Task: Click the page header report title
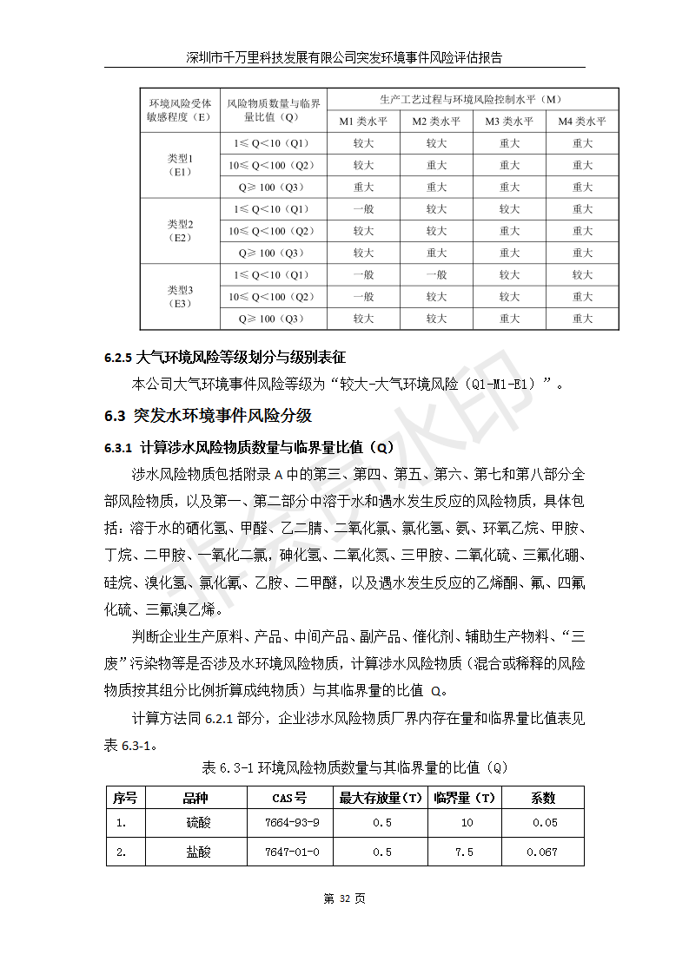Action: click(344, 57)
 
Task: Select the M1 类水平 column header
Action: click(363, 122)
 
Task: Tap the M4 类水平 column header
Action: click(581, 122)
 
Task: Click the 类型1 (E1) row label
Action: click(180, 165)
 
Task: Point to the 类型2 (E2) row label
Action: click(180, 231)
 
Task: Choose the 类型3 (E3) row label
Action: click(180, 296)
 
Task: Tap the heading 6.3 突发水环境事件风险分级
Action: click(208, 415)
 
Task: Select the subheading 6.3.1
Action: click(249, 448)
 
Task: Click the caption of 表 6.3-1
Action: click(354, 767)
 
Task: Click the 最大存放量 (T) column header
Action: click(381, 798)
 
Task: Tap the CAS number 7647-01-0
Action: click(291, 852)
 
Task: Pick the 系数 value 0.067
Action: click(542, 852)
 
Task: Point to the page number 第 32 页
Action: click(344, 898)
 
